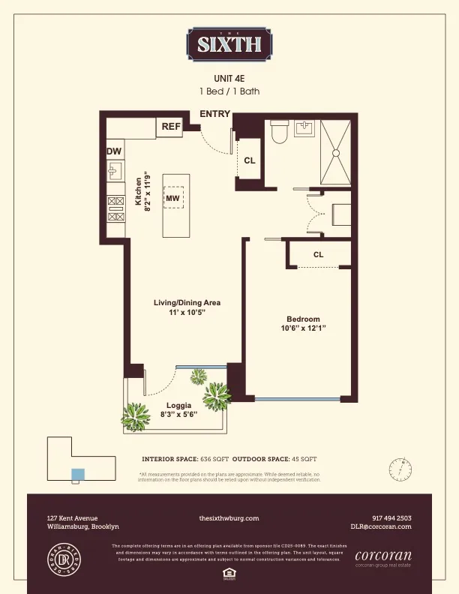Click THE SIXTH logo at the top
(229, 43)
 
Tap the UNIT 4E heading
(229, 78)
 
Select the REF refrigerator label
(171, 127)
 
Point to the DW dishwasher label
(114, 151)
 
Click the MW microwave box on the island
(172, 198)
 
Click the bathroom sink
(304, 128)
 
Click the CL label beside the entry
(250, 160)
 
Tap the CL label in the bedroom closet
(319, 255)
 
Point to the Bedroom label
(303, 318)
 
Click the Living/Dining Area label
(187, 302)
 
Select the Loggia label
(179, 406)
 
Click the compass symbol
(401, 469)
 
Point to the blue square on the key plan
(76, 474)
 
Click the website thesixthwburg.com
(229, 518)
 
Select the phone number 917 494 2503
(391, 518)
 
